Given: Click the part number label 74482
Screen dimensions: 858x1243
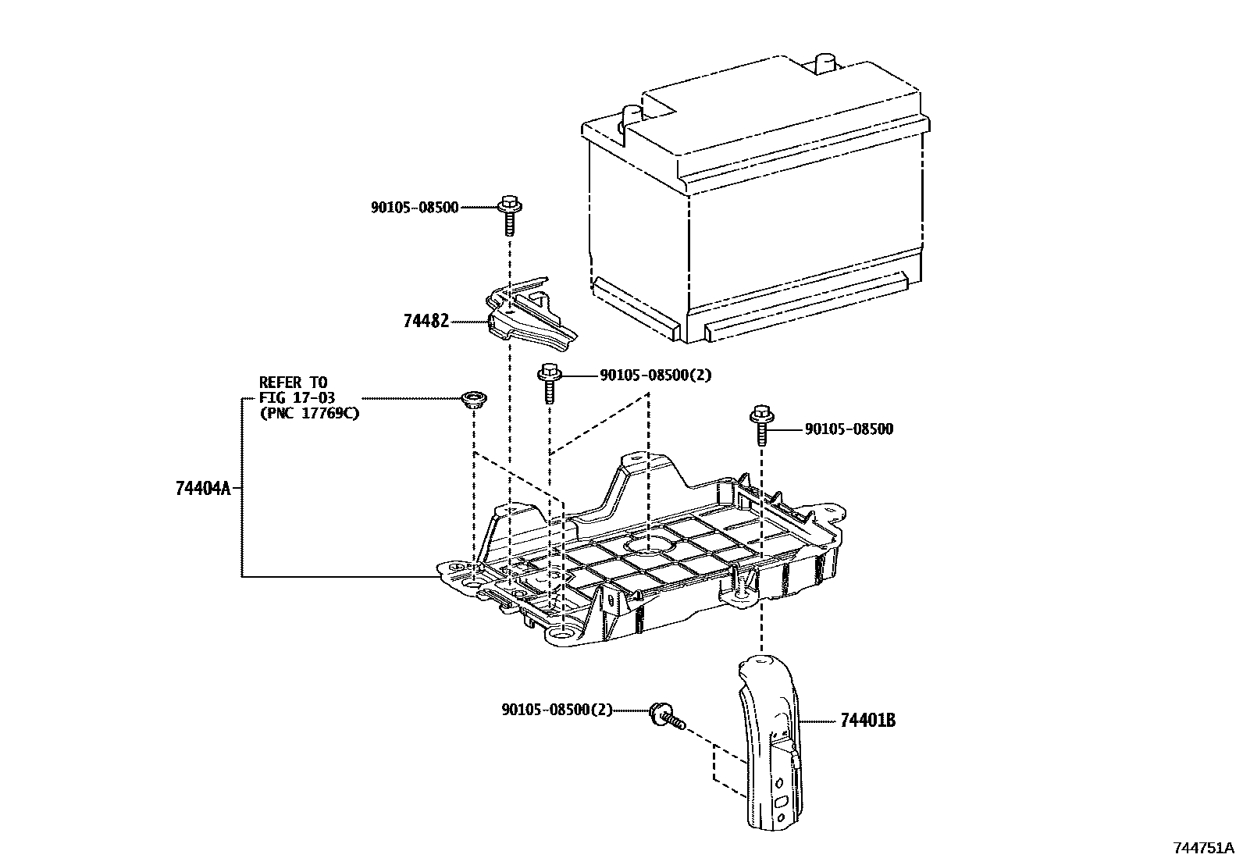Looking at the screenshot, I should tap(426, 321).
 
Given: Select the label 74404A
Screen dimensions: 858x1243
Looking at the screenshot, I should tap(203, 489).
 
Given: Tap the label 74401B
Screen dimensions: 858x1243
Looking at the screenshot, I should tap(867, 721).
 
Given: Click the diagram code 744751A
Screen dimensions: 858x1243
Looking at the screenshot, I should tap(1203, 848).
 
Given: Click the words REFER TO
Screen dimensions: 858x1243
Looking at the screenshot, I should tap(293, 383).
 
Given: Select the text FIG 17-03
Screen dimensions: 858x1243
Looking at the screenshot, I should tap(297, 398).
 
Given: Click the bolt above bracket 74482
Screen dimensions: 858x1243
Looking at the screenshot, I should tap(509, 212).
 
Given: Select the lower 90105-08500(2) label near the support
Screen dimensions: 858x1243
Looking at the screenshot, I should tap(557, 710).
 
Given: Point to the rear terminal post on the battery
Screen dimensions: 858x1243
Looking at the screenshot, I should tap(825, 66).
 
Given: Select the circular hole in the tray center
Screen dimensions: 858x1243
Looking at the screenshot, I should tap(651, 543).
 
